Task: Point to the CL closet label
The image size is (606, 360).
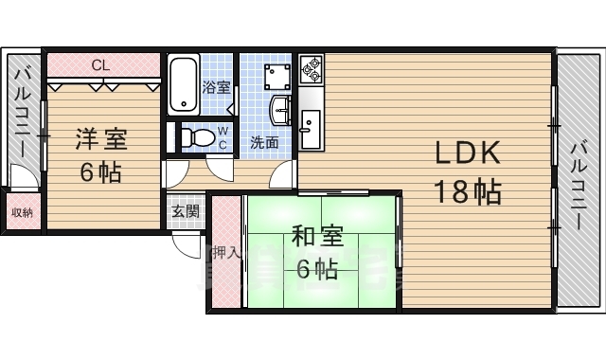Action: point(98,64)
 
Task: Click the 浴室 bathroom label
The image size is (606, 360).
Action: point(216,87)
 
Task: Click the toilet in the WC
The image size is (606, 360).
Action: point(196,136)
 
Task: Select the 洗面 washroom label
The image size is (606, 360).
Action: point(264,143)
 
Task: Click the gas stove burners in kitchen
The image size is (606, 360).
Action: point(312,69)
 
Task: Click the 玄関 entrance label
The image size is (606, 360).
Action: point(186,211)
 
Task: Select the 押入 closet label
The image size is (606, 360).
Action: point(224,253)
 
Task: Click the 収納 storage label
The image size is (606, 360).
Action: point(22,212)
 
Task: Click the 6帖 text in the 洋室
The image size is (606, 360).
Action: point(100,173)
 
